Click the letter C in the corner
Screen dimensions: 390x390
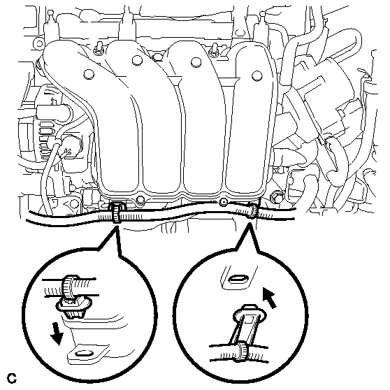tap(12, 378)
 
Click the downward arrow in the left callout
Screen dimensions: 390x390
tap(56, 336)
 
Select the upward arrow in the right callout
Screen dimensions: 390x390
tap(270, 298)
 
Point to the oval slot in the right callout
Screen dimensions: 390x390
tap(238, 279)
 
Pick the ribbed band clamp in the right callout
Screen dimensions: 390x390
tap(243, 352)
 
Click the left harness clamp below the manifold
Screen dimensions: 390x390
tap(116, 212)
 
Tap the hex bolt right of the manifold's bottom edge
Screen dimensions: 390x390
tap(276, 196)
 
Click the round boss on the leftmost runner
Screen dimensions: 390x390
tap(89, 74)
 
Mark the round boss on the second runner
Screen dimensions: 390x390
tap(137, 60)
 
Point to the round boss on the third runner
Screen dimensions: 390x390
tap(196, 62)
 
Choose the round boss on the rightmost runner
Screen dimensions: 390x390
tap(257, 75)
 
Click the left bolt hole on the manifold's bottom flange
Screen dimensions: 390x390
tap(140, 199)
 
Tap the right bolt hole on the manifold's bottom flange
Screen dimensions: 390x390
tap(224, 202)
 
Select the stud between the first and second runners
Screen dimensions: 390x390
tap(99, 48)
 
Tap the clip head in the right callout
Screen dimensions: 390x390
tap(250, 314)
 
